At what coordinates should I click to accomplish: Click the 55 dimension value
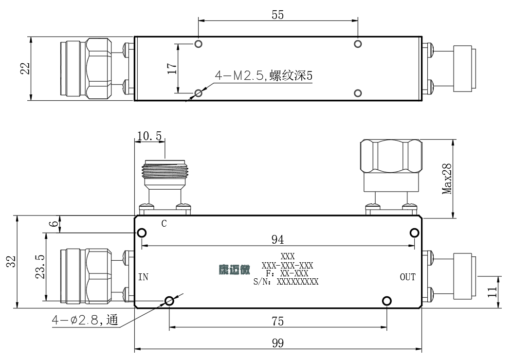point(277,15)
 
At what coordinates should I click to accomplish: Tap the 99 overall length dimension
point(277,343)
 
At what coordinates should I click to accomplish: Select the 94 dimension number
point(277,239)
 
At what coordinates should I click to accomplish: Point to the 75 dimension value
point(277,321)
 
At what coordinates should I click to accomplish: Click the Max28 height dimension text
point(447,179)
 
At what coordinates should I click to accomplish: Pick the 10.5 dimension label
point(149,136)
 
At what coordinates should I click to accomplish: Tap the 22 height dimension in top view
point(25,69)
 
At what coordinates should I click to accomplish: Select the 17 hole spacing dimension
point(172,68)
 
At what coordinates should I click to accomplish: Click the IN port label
point(143,277)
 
